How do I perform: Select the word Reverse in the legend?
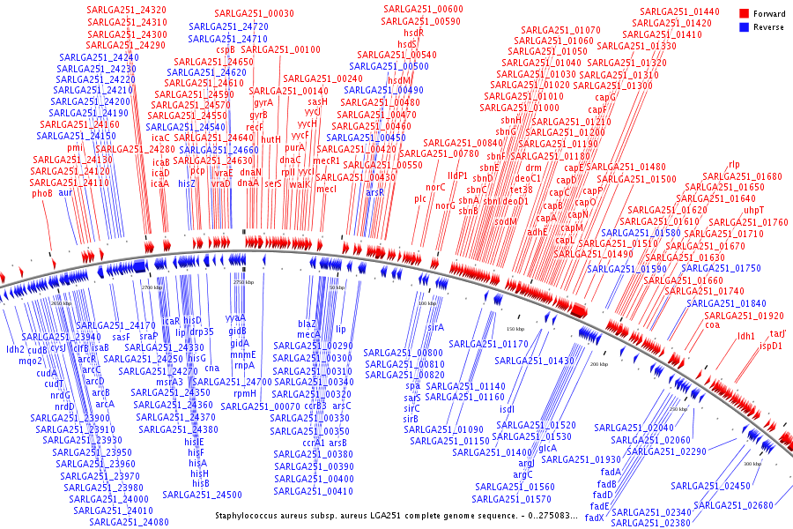[768, 27]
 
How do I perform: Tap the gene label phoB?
[42, 193]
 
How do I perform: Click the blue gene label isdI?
[507, 409]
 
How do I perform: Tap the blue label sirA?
[435, 327]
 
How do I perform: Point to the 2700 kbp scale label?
[152, 287]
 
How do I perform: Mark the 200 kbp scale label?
[599, 363]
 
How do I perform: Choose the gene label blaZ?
[308, 324]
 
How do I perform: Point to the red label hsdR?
[413, 32]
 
